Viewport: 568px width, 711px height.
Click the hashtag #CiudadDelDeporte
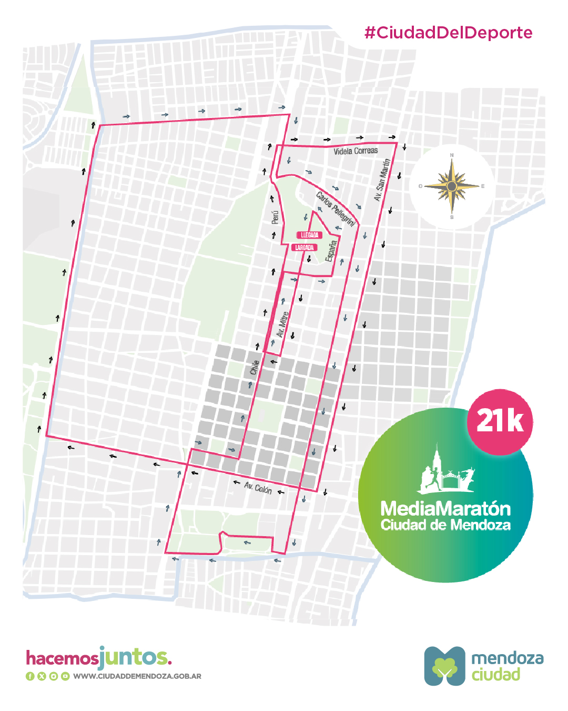(448, 33)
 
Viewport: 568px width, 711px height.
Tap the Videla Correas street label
(356, 151)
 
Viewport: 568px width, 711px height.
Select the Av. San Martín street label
(382, 180)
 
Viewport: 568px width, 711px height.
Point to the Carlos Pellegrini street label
(336, 209)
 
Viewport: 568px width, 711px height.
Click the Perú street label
(275, 217)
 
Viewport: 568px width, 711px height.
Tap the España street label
(331, 251)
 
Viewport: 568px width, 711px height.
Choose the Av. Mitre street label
(282, 324)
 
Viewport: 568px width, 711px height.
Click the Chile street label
(255, 367)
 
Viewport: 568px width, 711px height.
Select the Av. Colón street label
(258, 488)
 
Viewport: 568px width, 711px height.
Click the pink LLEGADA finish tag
(309, 235)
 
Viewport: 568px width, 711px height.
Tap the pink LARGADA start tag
(305, 248)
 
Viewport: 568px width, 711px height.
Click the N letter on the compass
(452, 155)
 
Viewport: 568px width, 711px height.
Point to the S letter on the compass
(452, 217)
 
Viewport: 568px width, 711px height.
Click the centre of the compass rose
(452, 186)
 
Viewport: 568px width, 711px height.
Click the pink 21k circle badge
(500, 422)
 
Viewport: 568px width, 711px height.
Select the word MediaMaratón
(445, 509)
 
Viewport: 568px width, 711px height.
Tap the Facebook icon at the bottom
(30, 676)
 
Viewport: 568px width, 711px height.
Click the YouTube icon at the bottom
(65, 676)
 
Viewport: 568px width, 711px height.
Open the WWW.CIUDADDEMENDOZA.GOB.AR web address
(137, 676)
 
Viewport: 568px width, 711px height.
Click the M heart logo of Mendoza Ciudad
(445, 666)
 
